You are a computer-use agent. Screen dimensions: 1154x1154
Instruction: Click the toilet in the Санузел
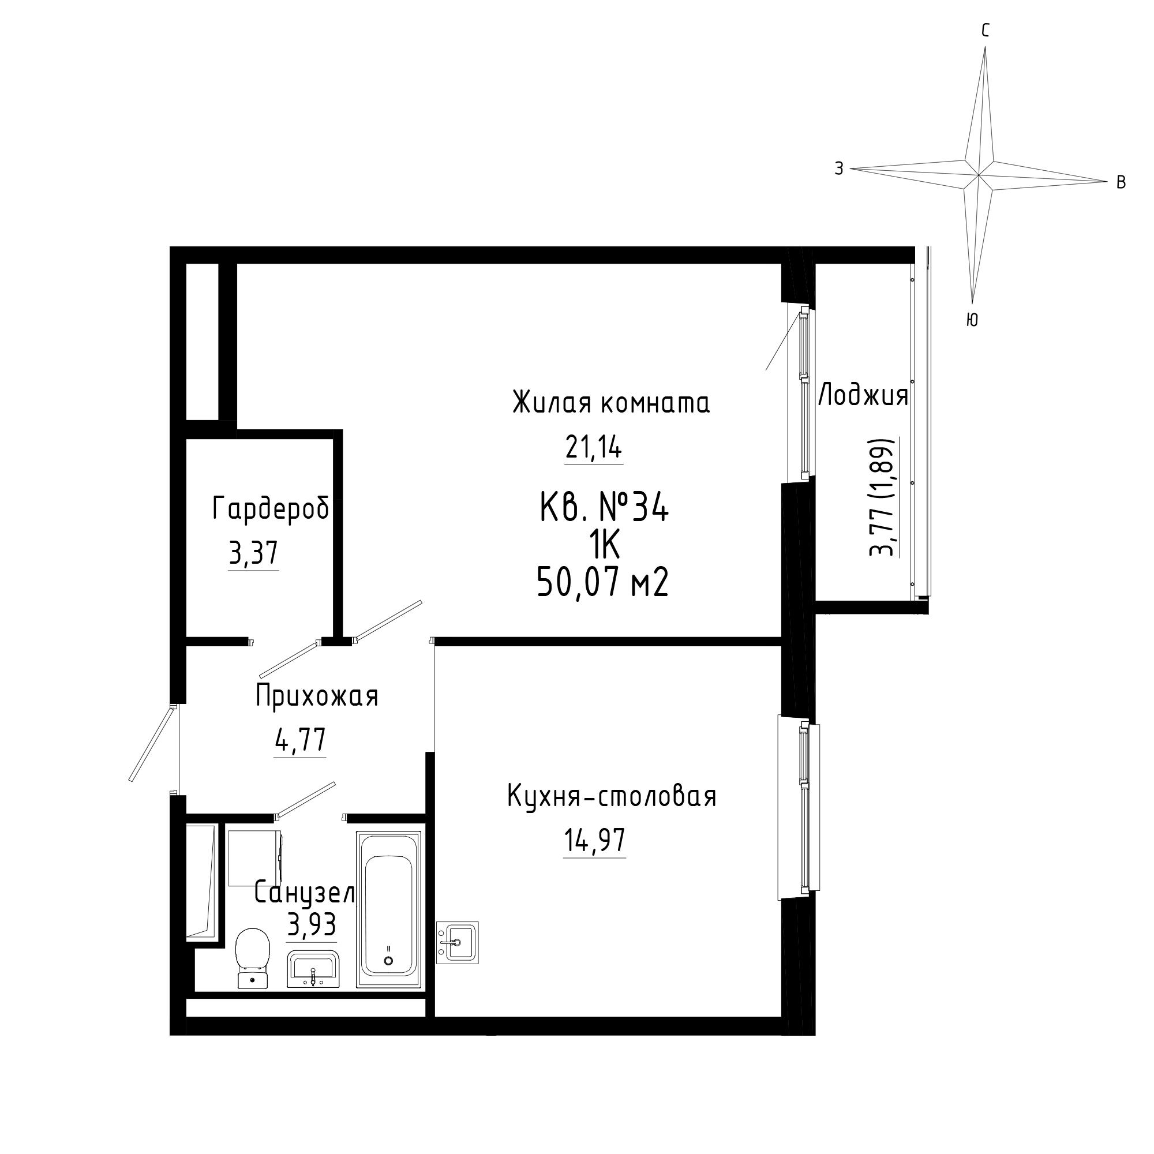[x=253, y=958]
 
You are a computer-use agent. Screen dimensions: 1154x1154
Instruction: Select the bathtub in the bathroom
[x=389, y=910]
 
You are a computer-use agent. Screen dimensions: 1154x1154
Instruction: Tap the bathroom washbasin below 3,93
[x=313, y=969]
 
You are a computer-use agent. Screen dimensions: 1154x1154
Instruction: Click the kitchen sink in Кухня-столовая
[x=458, y=943]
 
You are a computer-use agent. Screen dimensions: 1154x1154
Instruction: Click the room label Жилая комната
[x=611, y=403]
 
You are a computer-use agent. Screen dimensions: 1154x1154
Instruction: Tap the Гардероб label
[x=271, y=509]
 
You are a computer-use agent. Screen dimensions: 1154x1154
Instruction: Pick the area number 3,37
[x=253, y=554]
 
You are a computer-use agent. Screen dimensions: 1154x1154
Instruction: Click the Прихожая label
[x=317, y=696]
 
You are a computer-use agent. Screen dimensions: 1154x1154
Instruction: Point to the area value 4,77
[x=300, y=741]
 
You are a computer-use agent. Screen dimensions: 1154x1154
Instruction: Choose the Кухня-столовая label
[x=612, y=796]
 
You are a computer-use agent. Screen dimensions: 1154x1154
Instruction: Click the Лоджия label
[x=863, y=395]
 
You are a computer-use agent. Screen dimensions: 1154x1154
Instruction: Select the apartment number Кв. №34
[x=604, y=509]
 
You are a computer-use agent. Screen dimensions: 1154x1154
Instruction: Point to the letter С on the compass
[x=985, y=31]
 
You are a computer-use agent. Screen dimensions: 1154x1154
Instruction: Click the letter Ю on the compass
[x=972, y=320]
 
